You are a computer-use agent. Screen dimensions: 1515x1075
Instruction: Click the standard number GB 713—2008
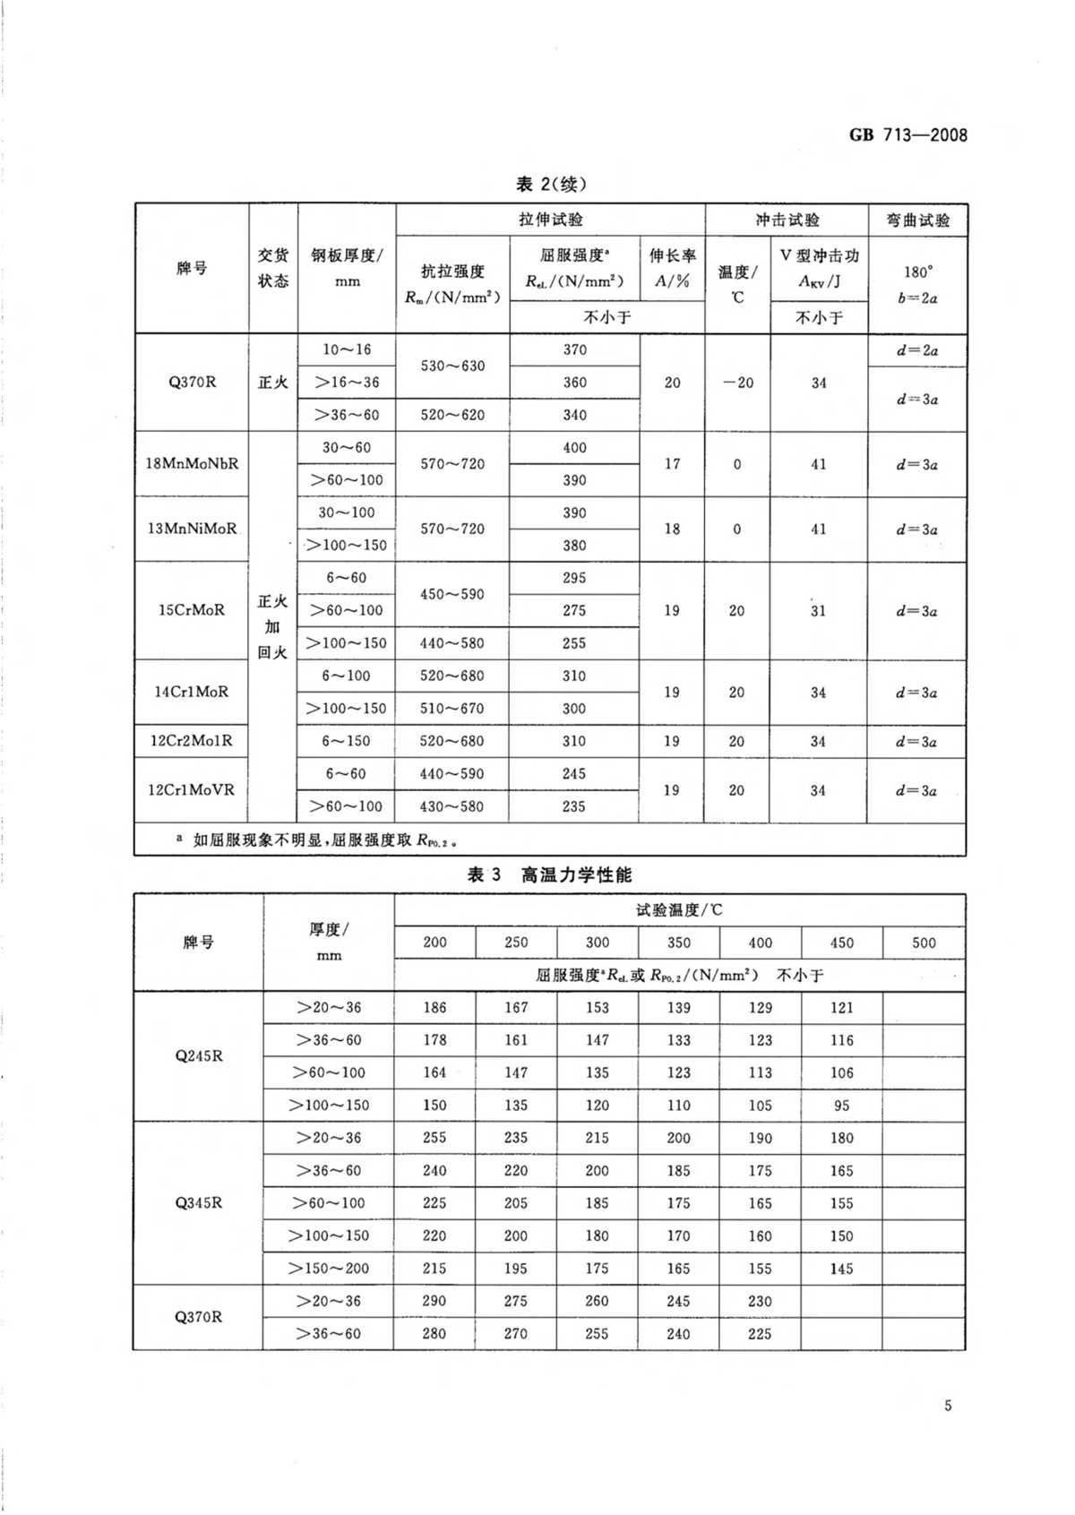pyautogui.click(x=907, y=135)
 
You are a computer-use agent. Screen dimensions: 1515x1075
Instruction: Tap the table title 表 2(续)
pyautogui.click(x=551, y=185)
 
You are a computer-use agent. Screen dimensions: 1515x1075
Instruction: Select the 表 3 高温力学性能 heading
pyautogui.click(x=549, y=874)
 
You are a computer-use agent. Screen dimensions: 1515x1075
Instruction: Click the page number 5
pyautogui.click(x=948, y=1405)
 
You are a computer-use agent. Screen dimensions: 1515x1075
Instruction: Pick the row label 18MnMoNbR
pyautogui.click(x=192, y=464)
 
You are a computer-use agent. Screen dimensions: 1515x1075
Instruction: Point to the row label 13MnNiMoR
pyautogui.click(x=192, y=529)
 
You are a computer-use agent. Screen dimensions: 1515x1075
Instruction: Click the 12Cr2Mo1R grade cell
pyautogui.click(x=192, y=741)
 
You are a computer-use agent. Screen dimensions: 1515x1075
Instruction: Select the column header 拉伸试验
pyautogui.click(x=550, y=220)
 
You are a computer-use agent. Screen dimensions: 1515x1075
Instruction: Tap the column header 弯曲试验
pyautogui.click(x=917, y=220)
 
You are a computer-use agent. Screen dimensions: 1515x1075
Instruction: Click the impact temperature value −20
pyautogui.click(x=737, y=383)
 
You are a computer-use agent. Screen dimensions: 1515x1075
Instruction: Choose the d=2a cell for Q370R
pyautogui.click(x=917, y=350)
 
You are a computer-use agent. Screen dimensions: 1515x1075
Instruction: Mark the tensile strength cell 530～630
pyautogui.click(x=452, y=366)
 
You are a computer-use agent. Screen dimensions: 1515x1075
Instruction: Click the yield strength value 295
pyautogui.click(x=574, y=578)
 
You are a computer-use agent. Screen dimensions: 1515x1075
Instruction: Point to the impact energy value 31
pyautogui.click(x=818, y=611)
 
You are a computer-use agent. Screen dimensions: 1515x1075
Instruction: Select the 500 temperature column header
pyautogui.click(x=924, y=943)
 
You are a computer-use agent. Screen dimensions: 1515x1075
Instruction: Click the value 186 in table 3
pyautogui.click(x=434, y=1008)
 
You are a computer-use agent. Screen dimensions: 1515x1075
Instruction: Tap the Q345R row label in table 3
pyautogui.click(x=198, y=1202)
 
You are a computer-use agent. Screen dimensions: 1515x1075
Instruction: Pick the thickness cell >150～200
pyautogui.click(x=329, y=1269)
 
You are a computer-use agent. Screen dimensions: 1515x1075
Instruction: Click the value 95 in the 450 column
pyautogui.click(x=842, y=1106)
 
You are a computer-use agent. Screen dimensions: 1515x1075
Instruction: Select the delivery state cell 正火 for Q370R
pyautogui.click(x=273, y=383)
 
